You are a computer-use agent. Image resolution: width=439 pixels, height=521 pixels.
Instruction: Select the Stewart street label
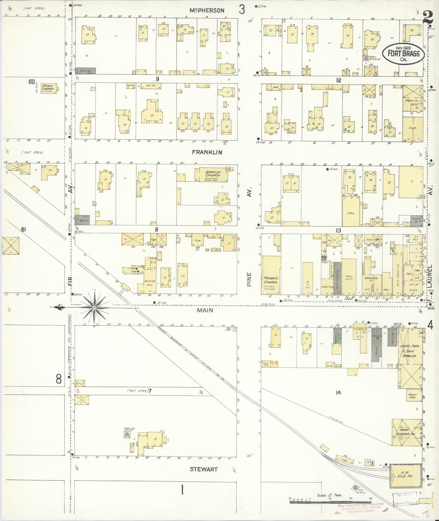point(204,469)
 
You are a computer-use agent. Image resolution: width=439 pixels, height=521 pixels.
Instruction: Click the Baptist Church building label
point(213,174)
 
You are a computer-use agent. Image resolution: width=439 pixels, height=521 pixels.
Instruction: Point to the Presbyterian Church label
point(270,281)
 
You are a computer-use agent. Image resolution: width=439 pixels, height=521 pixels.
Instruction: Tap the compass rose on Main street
point(94,307)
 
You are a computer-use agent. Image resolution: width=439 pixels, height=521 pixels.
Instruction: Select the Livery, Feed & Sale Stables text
point(409,351)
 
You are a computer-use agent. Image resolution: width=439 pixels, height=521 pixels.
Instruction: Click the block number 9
point(157,79)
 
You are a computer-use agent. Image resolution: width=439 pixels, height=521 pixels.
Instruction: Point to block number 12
point(338,80)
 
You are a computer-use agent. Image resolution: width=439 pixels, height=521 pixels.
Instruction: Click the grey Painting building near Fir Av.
point(85,71)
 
